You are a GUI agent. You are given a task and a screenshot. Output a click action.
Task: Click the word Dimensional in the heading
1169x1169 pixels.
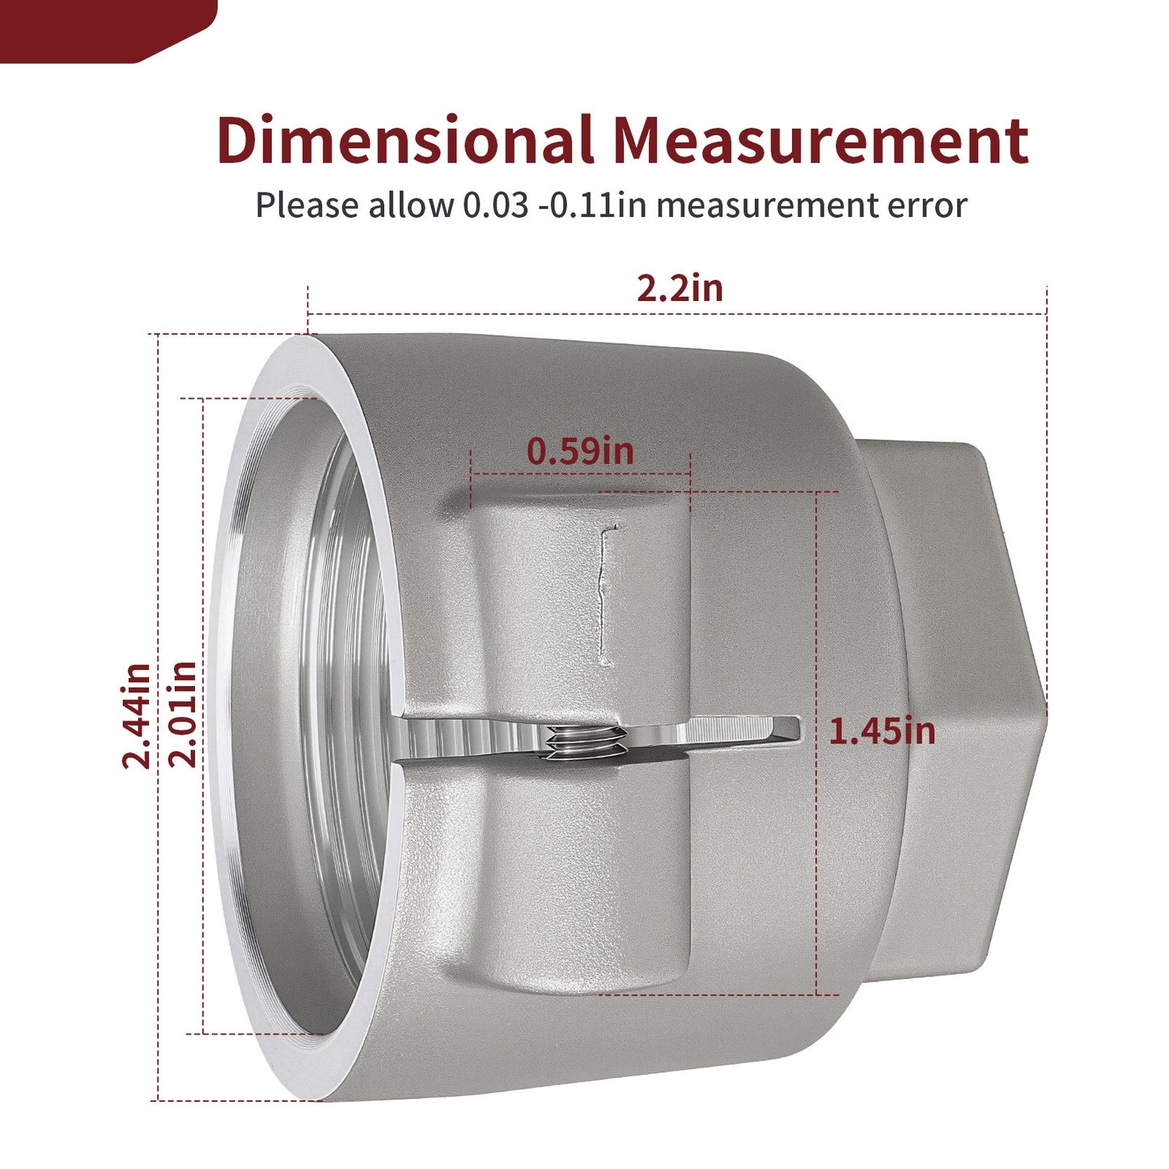pyautogui.click(x=405, y=140)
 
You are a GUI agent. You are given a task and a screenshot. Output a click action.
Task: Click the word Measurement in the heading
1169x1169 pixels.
pyautogui.click(x=821, y=140)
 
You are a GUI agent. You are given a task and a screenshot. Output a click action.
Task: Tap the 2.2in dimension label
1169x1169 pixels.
pyautogui.click(x=680, y=288)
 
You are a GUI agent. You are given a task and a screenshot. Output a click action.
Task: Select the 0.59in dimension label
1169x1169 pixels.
pyautogui.click(x=580, y=451)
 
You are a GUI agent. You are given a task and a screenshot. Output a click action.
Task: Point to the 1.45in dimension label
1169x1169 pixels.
pyautogui.click(x=882, y=731)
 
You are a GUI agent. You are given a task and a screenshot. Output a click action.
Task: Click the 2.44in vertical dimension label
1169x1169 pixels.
pyautogui.click(x=137, y=716)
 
